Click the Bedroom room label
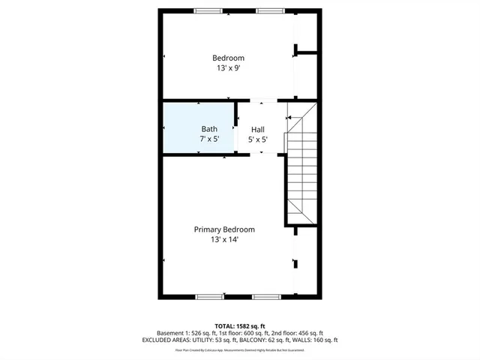(x=228, y=58)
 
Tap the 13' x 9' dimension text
(x=228, y=67)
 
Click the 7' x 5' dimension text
(x=209, y=139)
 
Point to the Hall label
(x=257, y=129)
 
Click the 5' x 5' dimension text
(x=257, y=139)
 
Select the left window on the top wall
(x=208, y=10)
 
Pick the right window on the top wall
(x=268, y=10)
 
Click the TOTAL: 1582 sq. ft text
(x=239, y=325)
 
